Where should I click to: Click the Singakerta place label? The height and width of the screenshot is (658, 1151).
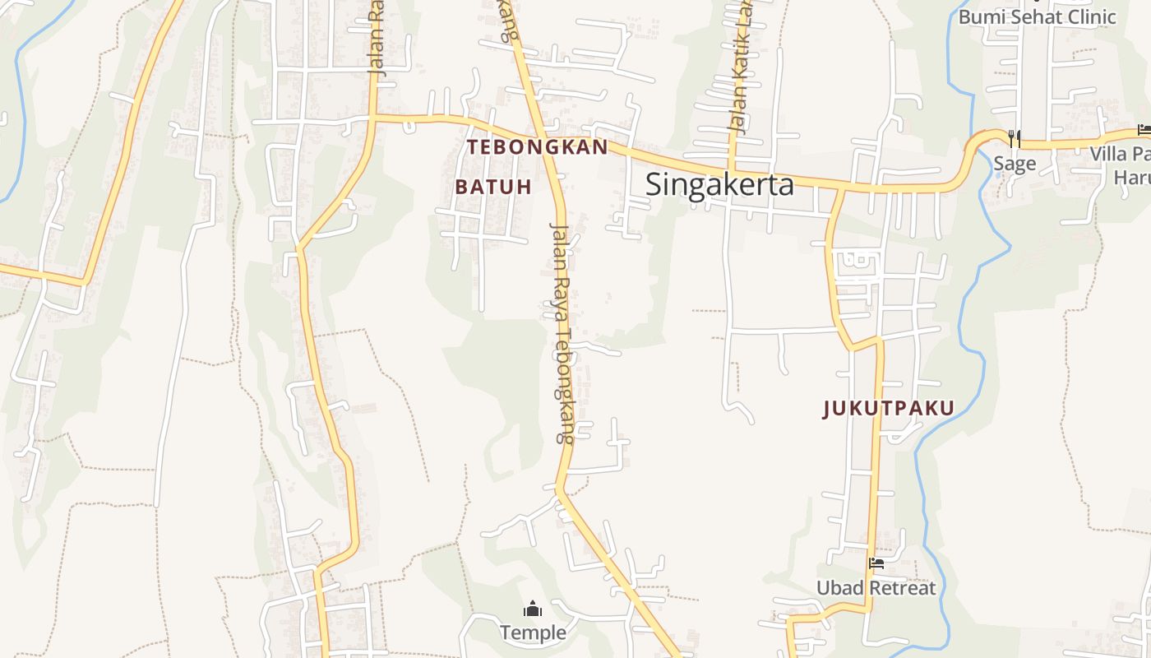click(x=719, y=184)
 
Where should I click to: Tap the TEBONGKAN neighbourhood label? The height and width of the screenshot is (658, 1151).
click(x=538, y=147)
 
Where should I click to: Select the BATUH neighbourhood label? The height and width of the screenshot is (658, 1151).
click(x=493, y=187)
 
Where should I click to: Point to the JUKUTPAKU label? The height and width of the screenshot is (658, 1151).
click(x=889, y=409)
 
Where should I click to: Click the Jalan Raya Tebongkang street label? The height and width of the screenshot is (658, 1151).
click(x=562, y=333)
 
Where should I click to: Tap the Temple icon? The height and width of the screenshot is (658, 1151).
click(x=533, y=609)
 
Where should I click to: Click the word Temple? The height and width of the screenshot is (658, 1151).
click(x=534, y=633)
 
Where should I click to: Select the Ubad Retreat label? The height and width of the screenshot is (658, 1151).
click(x=876, y=588)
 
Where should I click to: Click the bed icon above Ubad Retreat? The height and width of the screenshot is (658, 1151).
click(x=876, y=564)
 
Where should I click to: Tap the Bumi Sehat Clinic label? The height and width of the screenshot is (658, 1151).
click(x=1038, y=16)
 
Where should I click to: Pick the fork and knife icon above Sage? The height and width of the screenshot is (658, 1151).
click(x=1015, y=139)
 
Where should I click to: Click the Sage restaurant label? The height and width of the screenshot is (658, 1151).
click(x=1015, y=163)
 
